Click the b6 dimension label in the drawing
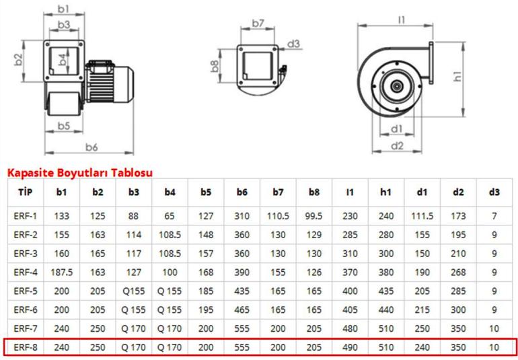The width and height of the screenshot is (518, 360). (91, 147)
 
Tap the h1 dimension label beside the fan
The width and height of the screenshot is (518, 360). (457, 76)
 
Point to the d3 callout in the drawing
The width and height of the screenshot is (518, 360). (293, 44)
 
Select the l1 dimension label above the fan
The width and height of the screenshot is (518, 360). (402, 20)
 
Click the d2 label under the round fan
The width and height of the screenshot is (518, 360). (397, 145)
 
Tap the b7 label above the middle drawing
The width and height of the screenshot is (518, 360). (258, 23)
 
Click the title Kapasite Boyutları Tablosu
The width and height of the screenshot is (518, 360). (80, 172)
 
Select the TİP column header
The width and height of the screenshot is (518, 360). (26, 192)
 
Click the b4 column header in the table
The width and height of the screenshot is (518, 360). (170, 192)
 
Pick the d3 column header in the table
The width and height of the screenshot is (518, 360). (494, 192)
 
